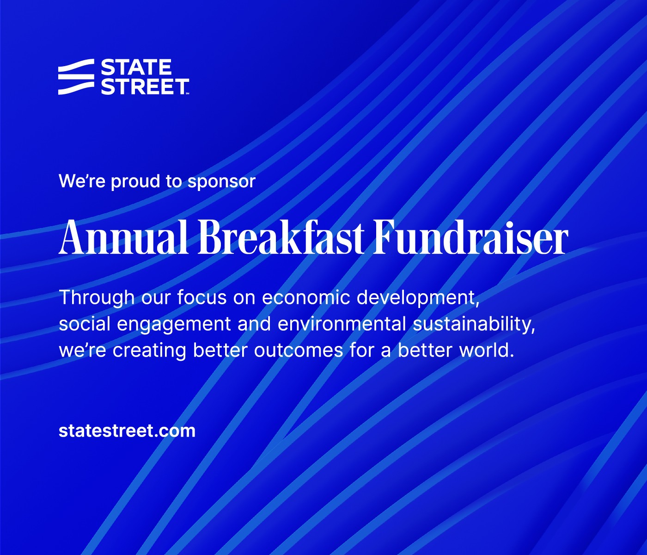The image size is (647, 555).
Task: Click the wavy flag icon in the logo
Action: (x=76, y=77)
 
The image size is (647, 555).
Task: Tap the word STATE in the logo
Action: (x=136, y=68)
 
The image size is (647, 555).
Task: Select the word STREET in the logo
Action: (x=145, y=86)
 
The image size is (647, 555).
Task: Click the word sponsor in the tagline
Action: (x=221, y=181)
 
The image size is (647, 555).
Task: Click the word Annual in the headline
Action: (x=124, y=236)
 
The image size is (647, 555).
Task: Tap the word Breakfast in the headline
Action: (x=281, y=236)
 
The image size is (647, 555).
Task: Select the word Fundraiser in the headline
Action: (x=470, y=236)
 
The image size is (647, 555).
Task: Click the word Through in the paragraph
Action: (x=97, y=297)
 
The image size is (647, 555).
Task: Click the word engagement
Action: (x=174, y=324)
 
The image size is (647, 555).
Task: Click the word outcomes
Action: (x=299, y=351)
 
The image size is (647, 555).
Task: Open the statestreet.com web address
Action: (x=127, y=431)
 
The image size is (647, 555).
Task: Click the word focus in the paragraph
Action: (x=201, y=297)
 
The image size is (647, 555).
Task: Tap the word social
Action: (x=85, y=324)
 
